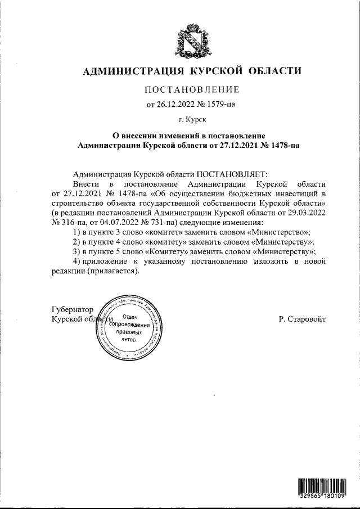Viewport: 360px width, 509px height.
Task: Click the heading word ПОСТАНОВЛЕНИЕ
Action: (x=192, y=90)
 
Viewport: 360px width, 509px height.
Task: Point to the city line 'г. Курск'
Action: (x=192, y=119)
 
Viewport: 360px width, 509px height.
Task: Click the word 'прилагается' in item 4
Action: (x=112, y=271)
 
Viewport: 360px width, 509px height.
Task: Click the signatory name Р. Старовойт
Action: (x=301, y=319)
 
